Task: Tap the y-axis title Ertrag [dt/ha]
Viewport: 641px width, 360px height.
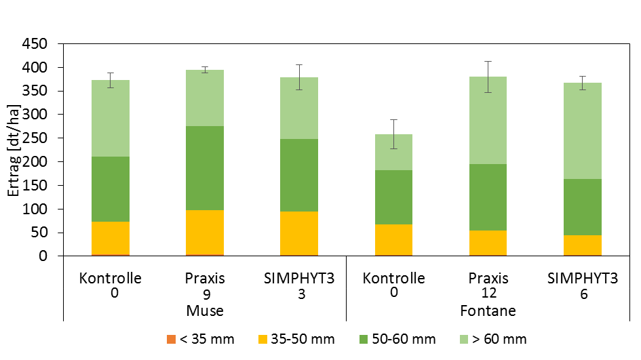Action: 14,151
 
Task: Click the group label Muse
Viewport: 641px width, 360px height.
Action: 205,311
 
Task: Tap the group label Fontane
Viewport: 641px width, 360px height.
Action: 488,311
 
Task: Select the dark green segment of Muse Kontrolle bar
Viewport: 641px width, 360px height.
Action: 111,189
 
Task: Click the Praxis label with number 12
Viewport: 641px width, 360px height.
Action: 488,285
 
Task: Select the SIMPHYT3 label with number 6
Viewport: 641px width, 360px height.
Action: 582,285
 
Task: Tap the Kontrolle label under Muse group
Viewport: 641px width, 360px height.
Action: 111,285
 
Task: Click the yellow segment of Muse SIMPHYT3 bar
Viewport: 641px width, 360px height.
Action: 299,233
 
